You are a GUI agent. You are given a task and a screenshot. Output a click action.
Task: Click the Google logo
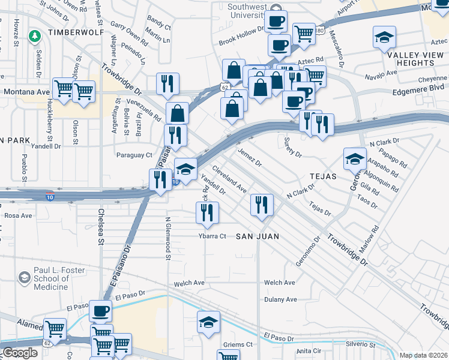tap(20, 352)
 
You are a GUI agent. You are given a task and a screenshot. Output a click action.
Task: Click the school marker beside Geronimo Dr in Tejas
tap(355, 158)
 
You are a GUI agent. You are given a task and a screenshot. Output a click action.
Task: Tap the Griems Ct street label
tap(237, 344)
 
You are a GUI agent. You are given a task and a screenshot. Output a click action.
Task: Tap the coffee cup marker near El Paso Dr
tap(101, 311)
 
